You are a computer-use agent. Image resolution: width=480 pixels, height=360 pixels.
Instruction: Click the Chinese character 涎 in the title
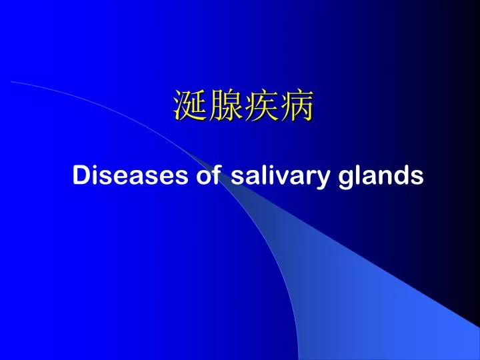click(190, 105)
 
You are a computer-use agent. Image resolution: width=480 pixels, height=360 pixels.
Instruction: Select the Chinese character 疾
click(262, 105)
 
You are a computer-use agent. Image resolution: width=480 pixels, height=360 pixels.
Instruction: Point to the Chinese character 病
click(297, 105)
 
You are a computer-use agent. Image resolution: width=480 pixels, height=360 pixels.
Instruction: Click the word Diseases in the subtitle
click(130, 175)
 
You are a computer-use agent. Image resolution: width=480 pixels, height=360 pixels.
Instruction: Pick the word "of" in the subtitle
click(208, 175)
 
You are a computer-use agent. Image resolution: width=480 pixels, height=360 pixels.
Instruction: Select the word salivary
click(281, 177)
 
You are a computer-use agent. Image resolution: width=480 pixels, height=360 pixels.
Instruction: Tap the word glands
click(381, 177)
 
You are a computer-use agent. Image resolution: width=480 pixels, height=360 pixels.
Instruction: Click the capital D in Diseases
click(81, 175)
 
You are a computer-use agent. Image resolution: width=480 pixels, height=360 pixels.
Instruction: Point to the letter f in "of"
click(216, 175)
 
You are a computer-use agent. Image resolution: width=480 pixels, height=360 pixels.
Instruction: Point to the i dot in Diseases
click(94, 168)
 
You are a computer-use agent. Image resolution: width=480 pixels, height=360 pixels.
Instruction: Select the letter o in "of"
click(203, 178)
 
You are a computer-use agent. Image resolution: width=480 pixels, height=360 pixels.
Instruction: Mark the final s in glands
click(417, 178)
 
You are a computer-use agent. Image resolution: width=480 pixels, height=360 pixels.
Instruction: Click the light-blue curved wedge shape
click(352, 275)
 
